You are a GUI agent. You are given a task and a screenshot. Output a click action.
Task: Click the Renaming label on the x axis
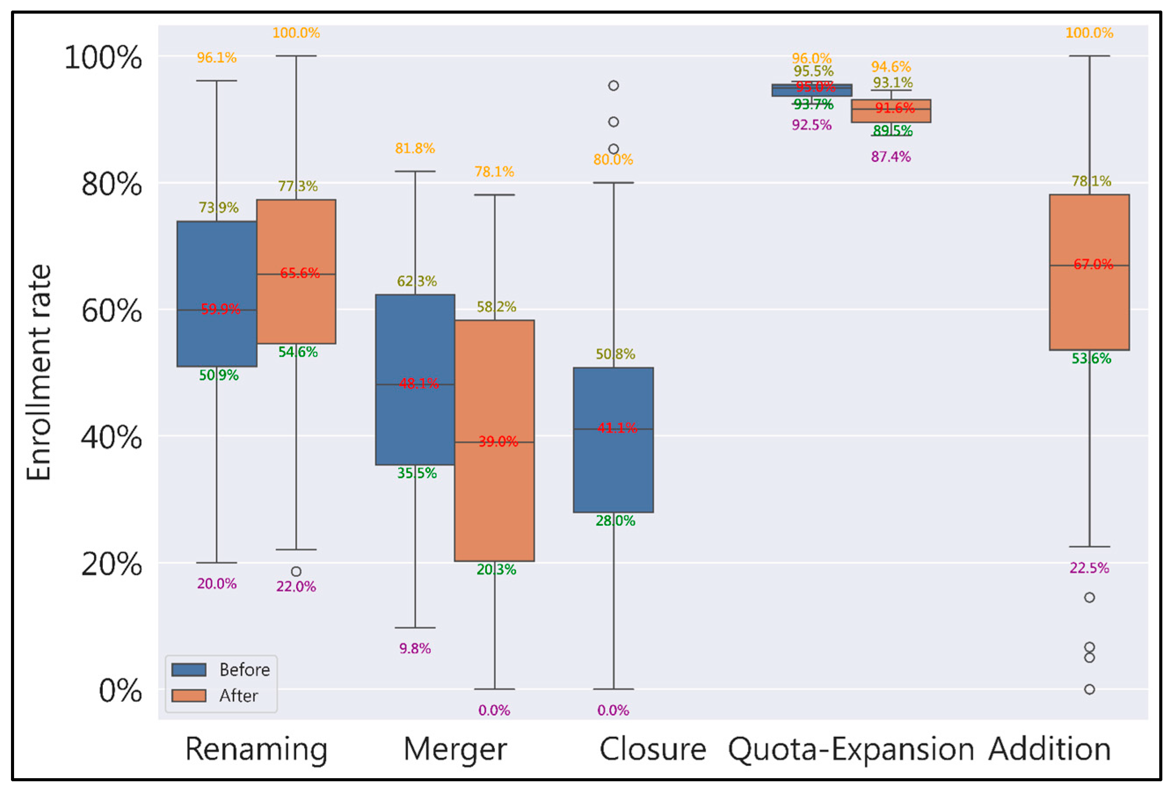(x=256, y=749)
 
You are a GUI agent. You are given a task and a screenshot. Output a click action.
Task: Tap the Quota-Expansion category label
(x=851, y=749)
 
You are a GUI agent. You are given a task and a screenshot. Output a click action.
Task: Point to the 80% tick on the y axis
(x=112, y=185)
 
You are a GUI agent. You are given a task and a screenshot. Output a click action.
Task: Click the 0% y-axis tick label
(x=120, y=691)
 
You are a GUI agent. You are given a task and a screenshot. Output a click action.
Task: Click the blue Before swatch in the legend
(x=189, y=670)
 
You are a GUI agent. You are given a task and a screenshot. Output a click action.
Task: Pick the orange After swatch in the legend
(x=189, y=696)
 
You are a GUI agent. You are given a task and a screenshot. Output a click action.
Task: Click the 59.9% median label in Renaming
(x=220, y=309)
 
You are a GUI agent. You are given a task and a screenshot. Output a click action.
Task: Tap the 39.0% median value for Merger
(x=498, y=442)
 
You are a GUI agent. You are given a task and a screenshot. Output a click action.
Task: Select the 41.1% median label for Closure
(x=617, y=428)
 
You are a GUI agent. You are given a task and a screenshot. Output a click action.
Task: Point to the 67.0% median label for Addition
(x=1093, y=264)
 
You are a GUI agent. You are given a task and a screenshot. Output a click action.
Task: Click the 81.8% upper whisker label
(x=414, y=148)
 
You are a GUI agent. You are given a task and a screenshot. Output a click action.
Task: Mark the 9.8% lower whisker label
(x=414, y=648)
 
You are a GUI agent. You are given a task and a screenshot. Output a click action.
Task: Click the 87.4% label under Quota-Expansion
(x=891, y=157)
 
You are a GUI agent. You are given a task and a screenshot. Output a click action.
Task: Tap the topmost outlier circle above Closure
(x=613, y=86)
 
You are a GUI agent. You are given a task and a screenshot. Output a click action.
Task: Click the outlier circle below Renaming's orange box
(x=296, y=571)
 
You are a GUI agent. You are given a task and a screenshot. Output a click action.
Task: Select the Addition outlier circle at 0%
(x=1089, y=689)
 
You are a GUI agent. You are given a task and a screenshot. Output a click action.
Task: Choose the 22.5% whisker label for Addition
(x=1089, y=568)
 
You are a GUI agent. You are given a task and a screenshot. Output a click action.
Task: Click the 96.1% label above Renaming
(x=216, y=58)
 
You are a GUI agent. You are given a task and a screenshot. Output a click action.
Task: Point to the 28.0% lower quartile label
(x=615, y=521)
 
